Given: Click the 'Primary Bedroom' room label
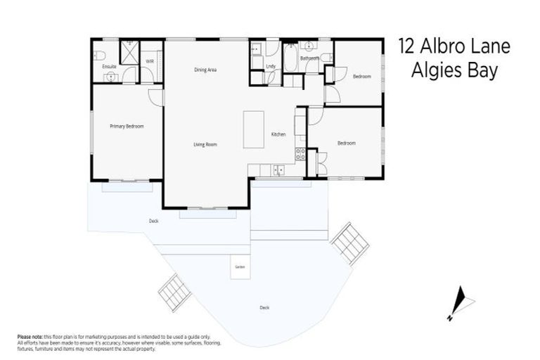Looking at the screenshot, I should point(127,127).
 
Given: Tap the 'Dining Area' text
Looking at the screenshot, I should point(205,70).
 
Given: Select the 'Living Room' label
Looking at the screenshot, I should point(205,145).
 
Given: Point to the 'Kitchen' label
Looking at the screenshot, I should point(279,134).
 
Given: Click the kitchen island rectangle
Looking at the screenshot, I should point(254,129).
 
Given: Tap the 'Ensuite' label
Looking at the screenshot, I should point(109,67).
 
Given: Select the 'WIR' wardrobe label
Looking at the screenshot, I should point(150,62).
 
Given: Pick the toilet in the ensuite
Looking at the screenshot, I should point(100,54).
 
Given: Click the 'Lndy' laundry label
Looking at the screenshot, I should point(271,66).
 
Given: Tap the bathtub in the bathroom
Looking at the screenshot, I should point(290,58).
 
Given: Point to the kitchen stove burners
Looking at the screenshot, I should point(300,153).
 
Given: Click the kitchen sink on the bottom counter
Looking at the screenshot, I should point(279,169).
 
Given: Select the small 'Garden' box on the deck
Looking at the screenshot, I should point(240,266).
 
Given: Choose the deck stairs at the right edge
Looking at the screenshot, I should point(349,243).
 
